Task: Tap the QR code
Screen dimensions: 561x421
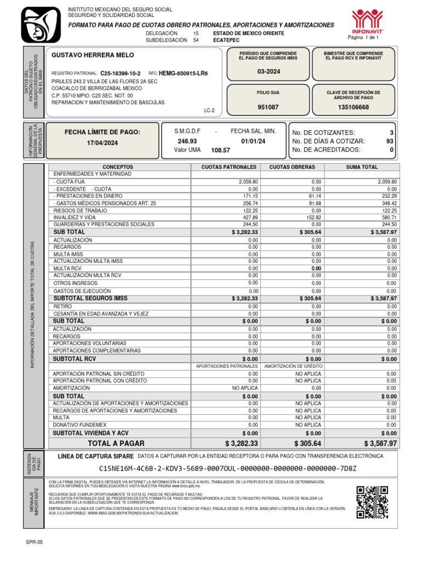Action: click(x=374, y=502)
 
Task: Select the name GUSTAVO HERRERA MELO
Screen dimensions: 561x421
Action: click(x=92, y=55)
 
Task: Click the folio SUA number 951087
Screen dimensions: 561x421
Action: click(x=268, y=107)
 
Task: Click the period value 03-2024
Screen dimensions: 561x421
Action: click(x=268, y=72)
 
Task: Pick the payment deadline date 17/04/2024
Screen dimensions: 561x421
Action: click(x=102, y=143)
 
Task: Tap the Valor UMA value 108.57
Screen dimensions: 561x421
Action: click(x=220, y=150)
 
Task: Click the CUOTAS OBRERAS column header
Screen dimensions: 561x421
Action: click(x=292, y=167)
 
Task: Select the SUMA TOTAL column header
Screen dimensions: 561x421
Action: click(x=361, y=167)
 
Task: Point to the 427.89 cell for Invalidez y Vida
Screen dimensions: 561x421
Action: click(x=249, y=217)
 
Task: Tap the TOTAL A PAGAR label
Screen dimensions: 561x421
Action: click(x=116, y=443)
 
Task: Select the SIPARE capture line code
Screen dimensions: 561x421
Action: click(x=227, y=468)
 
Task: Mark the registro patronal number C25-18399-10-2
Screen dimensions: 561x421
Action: click(x=120, y=73)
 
